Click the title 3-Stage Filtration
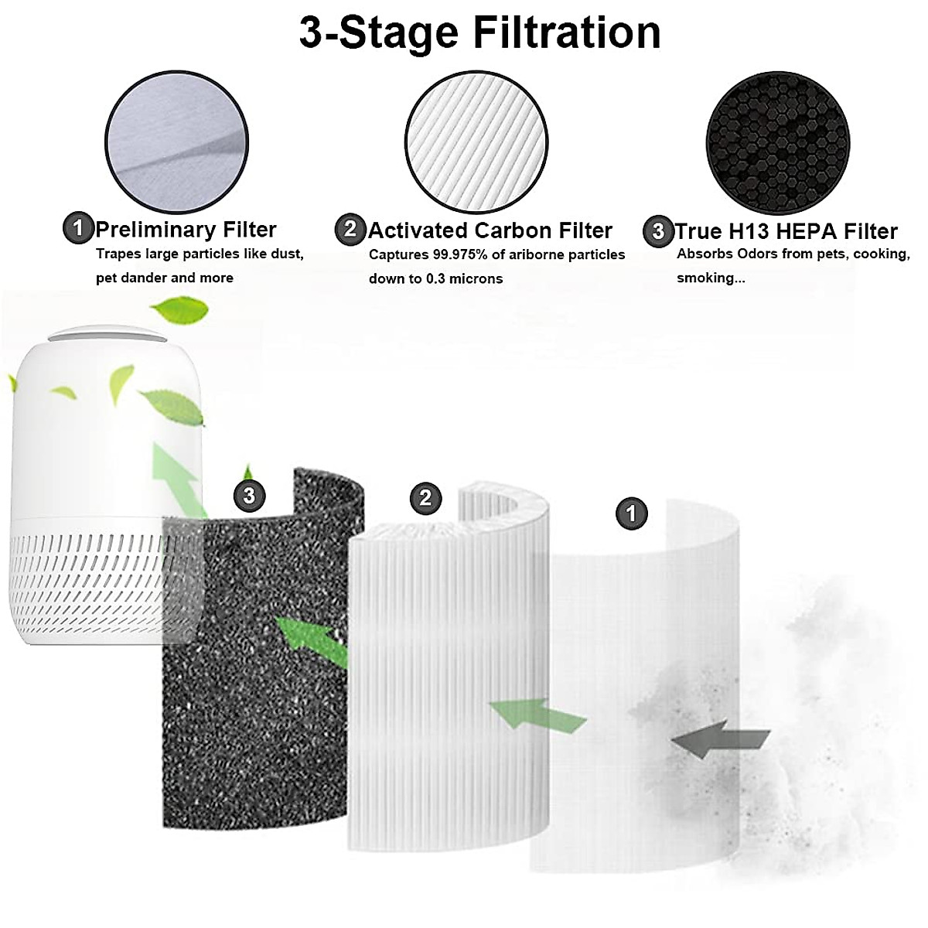coord(479,33)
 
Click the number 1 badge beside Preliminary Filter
coord(77,229)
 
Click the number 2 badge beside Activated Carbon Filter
coord(350,229)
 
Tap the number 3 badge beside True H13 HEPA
coord(658,230)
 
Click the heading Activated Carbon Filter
coord(490,230)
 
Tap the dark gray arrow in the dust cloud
coord(719,740)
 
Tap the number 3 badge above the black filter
coord(249,495)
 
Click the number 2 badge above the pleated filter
coord(425,497)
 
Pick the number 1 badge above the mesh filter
coord(631,513)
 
